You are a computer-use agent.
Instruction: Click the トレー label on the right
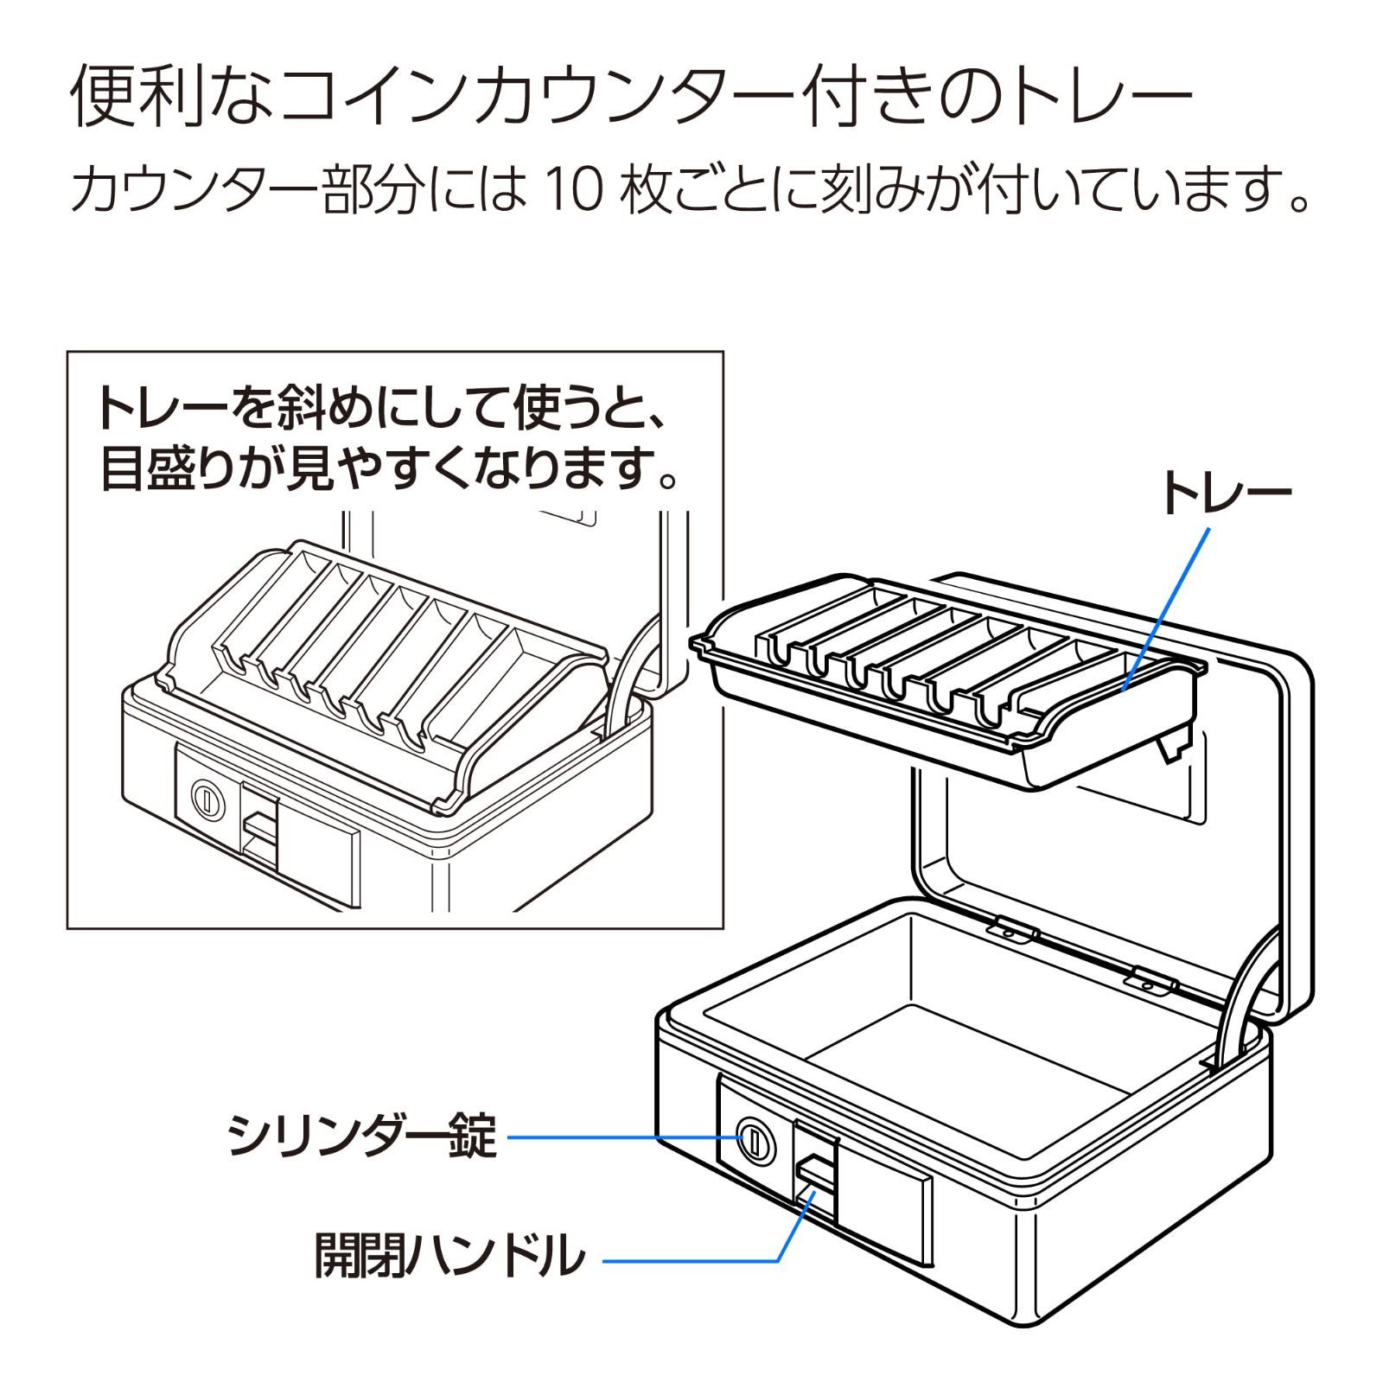point(1227,494)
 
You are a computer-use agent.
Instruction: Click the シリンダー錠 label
point(362,1136)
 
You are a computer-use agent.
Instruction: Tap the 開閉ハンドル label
point(449,1255)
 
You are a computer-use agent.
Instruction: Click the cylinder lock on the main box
point(754,1142)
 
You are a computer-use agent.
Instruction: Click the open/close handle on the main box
point(815,1176)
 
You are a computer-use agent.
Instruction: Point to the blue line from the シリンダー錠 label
point(622,1137)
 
